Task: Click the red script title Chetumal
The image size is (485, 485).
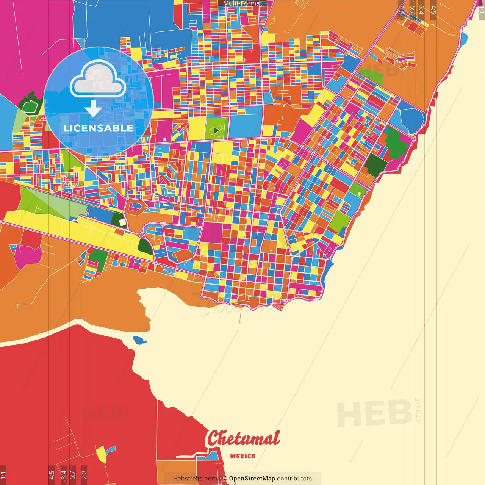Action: click(x=243, y=439)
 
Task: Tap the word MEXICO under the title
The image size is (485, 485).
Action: click(x=242, y=456)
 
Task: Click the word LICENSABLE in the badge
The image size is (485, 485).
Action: click(x=99, y=128)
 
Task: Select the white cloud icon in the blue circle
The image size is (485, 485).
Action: click(x=98, y=79)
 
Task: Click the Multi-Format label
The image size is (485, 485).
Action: click(x=242, y=3)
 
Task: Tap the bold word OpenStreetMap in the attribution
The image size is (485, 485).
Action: click(x=252, y=479)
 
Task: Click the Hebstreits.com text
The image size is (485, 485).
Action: click(x=195, y=479)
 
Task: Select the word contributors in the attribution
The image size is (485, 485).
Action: click(x=294, y=479)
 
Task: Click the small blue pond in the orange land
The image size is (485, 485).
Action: click(x=139, y=340)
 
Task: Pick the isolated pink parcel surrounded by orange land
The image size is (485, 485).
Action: click(x=28, y=255)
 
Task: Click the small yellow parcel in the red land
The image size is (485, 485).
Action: click(x=102, y=454)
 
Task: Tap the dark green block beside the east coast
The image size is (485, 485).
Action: click(x=377, y=165)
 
